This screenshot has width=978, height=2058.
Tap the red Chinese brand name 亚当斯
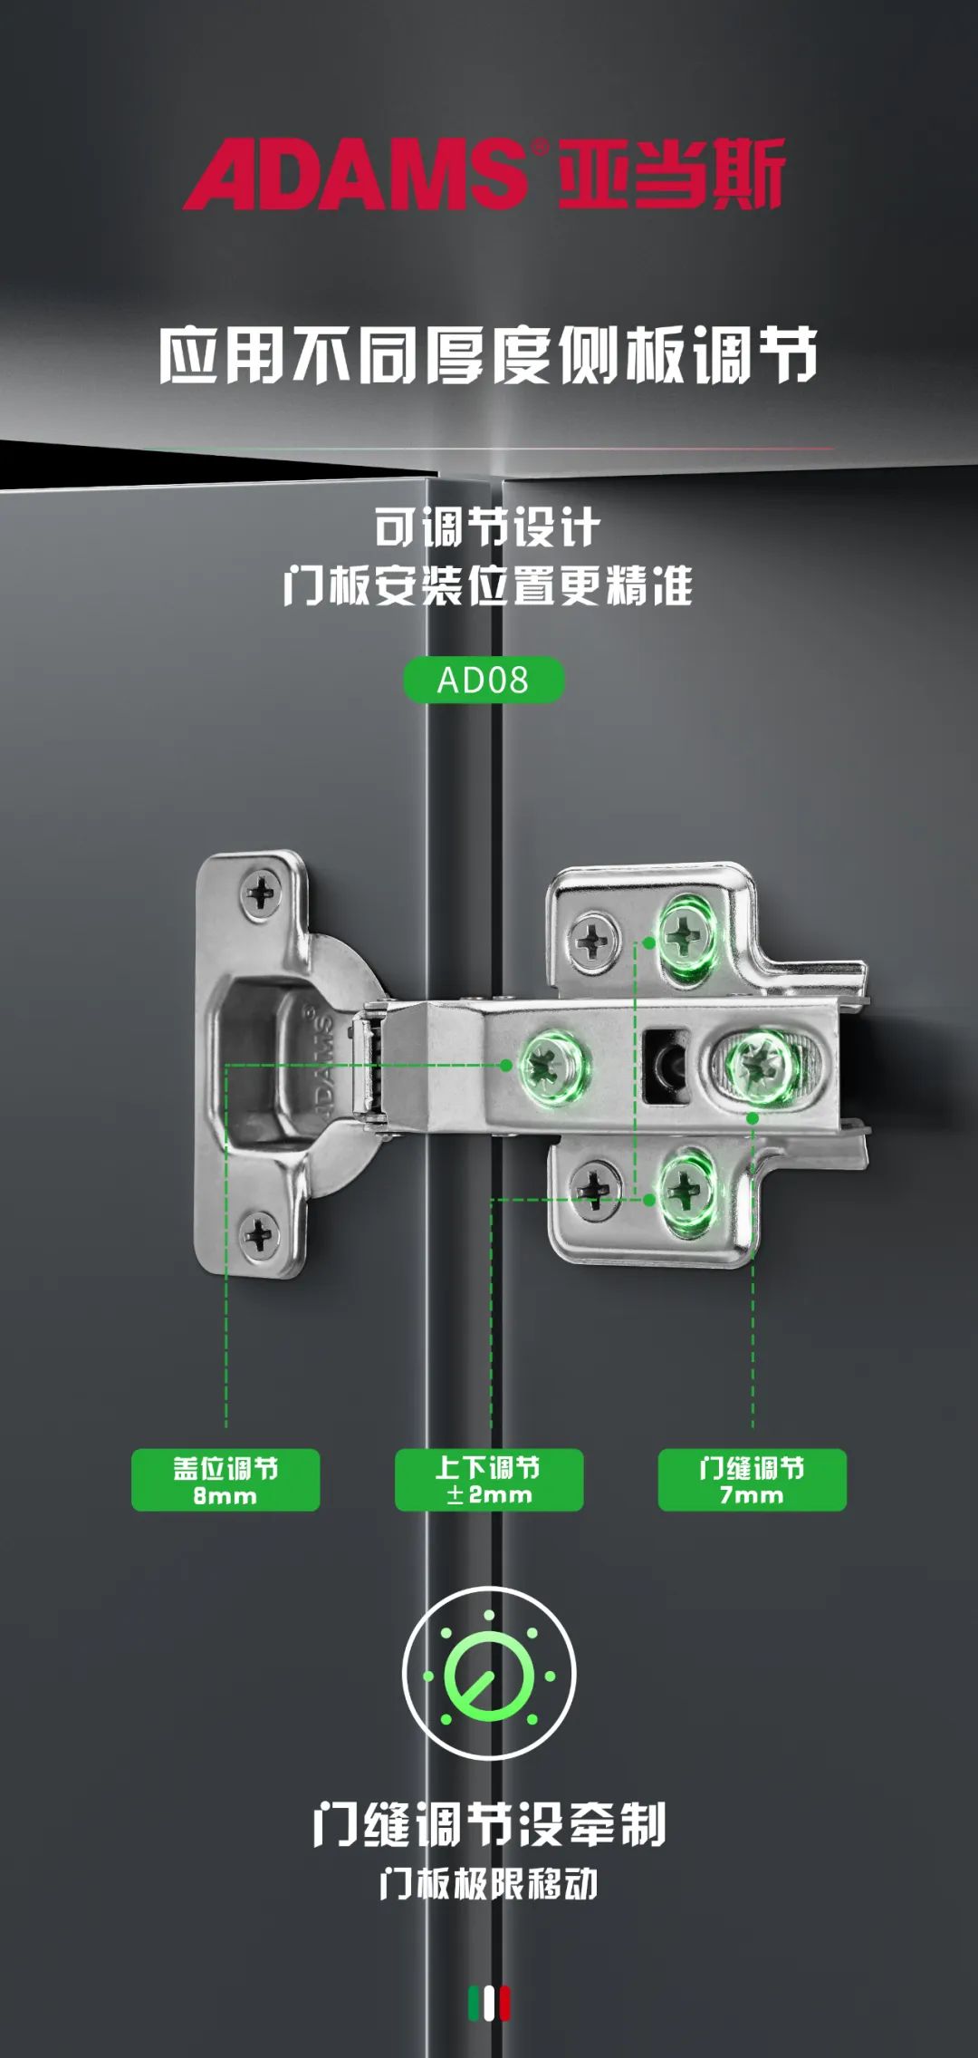[x=671, y=173]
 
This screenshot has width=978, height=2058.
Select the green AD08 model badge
[x=483, y=680]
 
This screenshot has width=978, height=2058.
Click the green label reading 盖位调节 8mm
[x=225, y=1480]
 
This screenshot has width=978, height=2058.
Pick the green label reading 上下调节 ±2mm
[x=489, y=1480]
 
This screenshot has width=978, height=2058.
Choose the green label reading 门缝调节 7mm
[x=752, y=1480]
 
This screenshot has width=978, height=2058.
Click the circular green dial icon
[x=489, y=1674]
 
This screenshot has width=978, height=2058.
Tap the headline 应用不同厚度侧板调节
[x=489, y=354]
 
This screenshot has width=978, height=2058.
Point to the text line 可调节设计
[x=488, y=527]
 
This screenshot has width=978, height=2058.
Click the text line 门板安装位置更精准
[x=488, y=585]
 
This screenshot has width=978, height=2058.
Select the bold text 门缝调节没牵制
[x=489, y=1823]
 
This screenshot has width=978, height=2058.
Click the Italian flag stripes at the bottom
[x=489, y=2004]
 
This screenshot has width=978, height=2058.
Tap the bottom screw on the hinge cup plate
[x=259, y=1233]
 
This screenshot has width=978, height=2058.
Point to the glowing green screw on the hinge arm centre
[x=549, y=1064]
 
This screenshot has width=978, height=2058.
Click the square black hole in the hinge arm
[x=666, y=1065]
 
